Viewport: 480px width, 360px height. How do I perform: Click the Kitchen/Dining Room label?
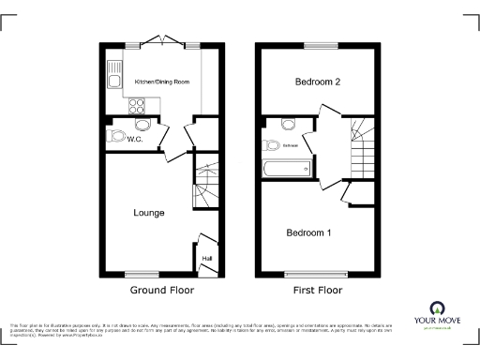(x=162, y=82)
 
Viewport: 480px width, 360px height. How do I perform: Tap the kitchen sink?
(x=114, y=69)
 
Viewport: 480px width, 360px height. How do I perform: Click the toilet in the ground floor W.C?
(x=117, y=136)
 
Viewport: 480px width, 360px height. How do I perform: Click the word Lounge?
(x=150, y=213)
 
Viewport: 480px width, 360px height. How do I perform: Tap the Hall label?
(x=206, y=258)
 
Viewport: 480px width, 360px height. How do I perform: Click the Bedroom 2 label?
(x=317, y=82)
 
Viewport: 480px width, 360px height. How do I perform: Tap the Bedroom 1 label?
(x=308, y=232)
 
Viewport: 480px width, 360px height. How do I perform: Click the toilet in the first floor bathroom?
(x=271, y=144)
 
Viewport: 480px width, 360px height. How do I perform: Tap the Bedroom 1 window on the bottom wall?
(x=316, y=274)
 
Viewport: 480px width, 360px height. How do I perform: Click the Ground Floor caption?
(x=161, y=291)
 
